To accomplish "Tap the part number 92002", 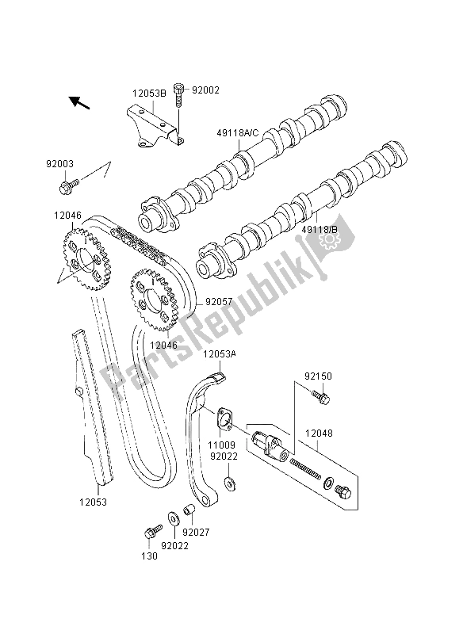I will click(x=204, y=90).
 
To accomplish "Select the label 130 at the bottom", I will click(x=151, y=556).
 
